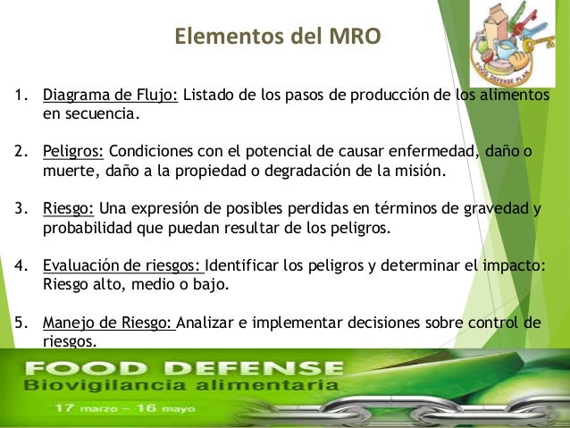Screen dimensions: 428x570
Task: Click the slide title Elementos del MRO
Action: [277, 37]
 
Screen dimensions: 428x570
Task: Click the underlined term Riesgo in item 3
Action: [69, 209]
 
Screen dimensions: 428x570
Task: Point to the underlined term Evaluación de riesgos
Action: [123, 266]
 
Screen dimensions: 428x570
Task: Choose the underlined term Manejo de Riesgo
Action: [109, 323]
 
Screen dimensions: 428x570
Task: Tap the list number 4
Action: [20, 266]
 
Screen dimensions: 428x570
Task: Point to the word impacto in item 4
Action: [509, 266]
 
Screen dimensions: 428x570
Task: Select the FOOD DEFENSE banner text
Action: [183, 368]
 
